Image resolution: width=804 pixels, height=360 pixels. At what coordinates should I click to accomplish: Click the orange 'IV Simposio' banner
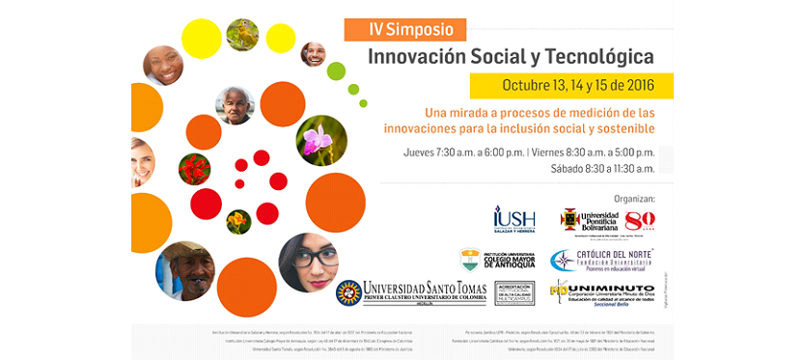tap(404, 29)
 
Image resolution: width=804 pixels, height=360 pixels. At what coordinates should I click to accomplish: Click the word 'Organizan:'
tap(628, 198)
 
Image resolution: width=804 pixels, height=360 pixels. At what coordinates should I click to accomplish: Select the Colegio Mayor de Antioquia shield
tap(470, 259)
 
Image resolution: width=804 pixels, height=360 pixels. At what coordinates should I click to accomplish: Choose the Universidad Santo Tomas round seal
tap(349, 292)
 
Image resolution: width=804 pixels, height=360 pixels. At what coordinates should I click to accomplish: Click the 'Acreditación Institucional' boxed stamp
tap(513, 292)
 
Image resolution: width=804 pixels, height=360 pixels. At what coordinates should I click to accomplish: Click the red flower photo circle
tap(194, 169)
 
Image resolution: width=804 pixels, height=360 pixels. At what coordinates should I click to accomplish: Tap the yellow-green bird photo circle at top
tap(242, 35)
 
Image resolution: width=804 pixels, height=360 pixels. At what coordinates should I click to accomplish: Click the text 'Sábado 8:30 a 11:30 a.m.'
tap(602, 168)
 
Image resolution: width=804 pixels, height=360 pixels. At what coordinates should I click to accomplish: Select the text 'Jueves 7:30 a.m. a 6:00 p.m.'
tap(463, 152)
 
